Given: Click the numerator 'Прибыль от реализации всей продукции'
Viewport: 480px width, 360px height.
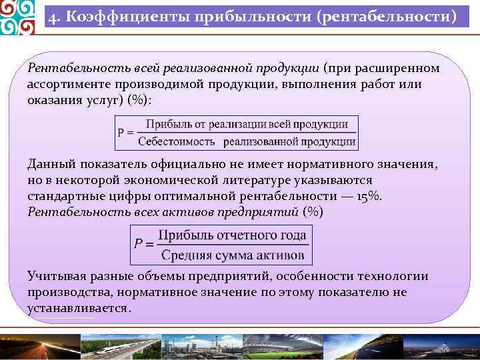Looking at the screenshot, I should point(247,124).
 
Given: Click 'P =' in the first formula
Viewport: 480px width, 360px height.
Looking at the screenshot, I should point(126,133).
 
